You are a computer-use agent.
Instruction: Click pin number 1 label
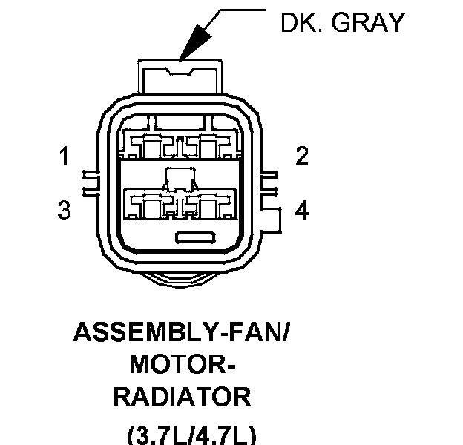pos(65,157)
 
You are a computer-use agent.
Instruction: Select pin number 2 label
pos(301,156)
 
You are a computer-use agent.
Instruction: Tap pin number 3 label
pos(65,211)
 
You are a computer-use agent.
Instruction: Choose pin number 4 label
pos(301,211)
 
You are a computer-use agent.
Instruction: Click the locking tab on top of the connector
pos(181,76)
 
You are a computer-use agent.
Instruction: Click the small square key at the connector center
pos(180,178)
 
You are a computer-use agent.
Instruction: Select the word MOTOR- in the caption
pos(181,364)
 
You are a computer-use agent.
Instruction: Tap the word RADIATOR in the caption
pos(181,397)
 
